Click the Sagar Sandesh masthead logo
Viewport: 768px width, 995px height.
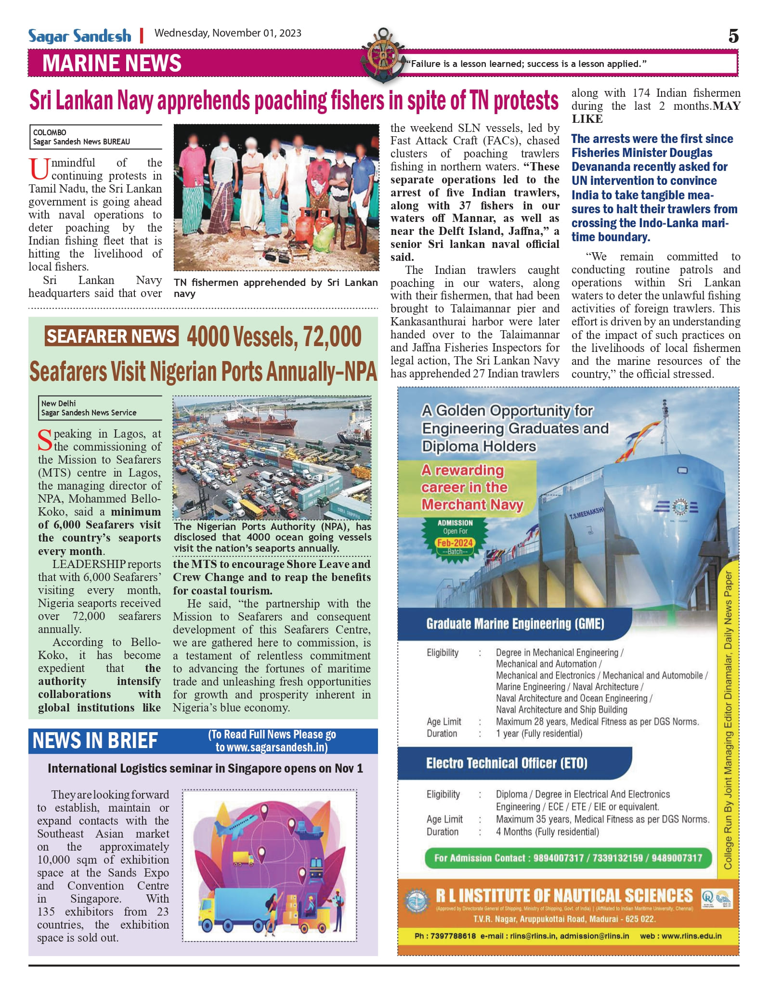point(79,36)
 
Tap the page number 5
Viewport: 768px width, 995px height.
point(733,37)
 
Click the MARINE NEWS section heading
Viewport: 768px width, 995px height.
point(112,64)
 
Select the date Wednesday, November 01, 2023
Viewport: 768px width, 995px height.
point(228,33)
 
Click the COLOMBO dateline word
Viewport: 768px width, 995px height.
point(50,132)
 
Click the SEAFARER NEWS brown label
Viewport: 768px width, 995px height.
point(112,336)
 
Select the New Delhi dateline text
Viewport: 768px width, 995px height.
point(58,403)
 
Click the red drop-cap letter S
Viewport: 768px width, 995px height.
point(45,440)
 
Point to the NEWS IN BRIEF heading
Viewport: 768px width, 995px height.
point(95,741)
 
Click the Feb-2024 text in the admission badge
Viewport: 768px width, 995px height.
point(455,543)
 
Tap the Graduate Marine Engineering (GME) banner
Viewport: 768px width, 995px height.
point(515,624)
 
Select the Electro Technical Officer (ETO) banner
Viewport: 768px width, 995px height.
point(507,763)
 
